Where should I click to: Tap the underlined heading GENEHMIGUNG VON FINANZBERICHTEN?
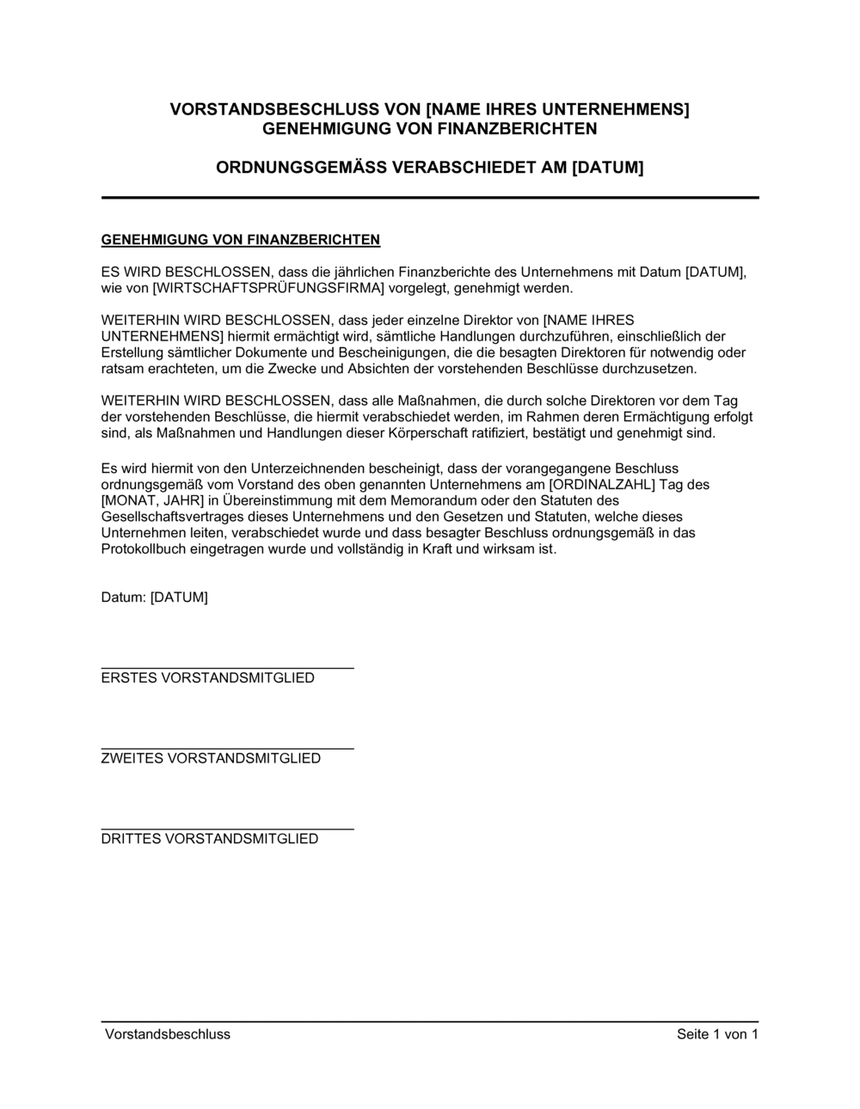coord(241,239)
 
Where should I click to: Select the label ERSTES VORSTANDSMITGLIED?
coord(208,678)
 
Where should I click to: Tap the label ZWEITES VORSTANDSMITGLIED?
coord(211,758)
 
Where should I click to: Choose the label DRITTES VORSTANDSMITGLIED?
coord(210,839)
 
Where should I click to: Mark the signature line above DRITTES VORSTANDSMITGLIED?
coord(227,830)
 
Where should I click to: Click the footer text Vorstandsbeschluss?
coord(168,1034)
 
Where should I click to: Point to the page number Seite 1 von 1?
coord(717,1034)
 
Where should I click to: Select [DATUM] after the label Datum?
coord(179,597)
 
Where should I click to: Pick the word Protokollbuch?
coord(143,548)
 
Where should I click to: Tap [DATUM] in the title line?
coord(607,168)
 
